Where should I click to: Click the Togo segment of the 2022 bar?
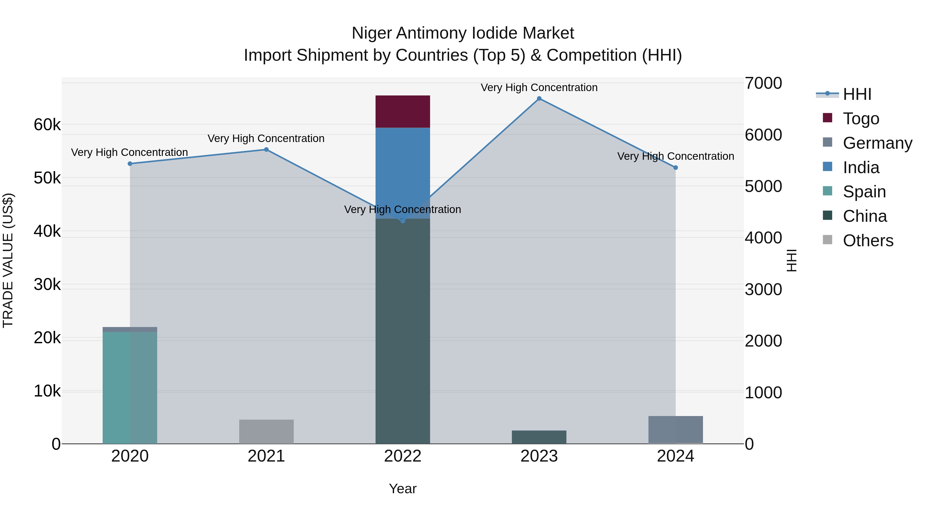(x=403, y=111)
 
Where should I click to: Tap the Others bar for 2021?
(x=266, y=431)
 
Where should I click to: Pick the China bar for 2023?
(x=539, y=437)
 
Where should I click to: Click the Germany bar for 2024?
(x=675, y=430)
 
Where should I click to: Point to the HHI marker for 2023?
(x=539, y=99)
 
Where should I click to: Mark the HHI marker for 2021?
(x=266, y=149)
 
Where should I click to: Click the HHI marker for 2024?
(x=675, y=167)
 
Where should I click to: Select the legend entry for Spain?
(x=864, y=192)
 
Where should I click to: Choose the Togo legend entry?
(x=861, y=119)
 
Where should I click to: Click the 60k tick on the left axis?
(x=47, y=125)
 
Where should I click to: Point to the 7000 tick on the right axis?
(x=763, y=83)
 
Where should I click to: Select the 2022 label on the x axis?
(x=403, y=456)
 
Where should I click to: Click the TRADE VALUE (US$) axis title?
(x=8, y=260)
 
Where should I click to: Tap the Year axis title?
(x=403, y=489)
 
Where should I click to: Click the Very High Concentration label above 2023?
(x=539, y=87)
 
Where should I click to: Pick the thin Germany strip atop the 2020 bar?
(x=130, y=329)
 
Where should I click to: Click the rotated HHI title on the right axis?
(x=791, y=260)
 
